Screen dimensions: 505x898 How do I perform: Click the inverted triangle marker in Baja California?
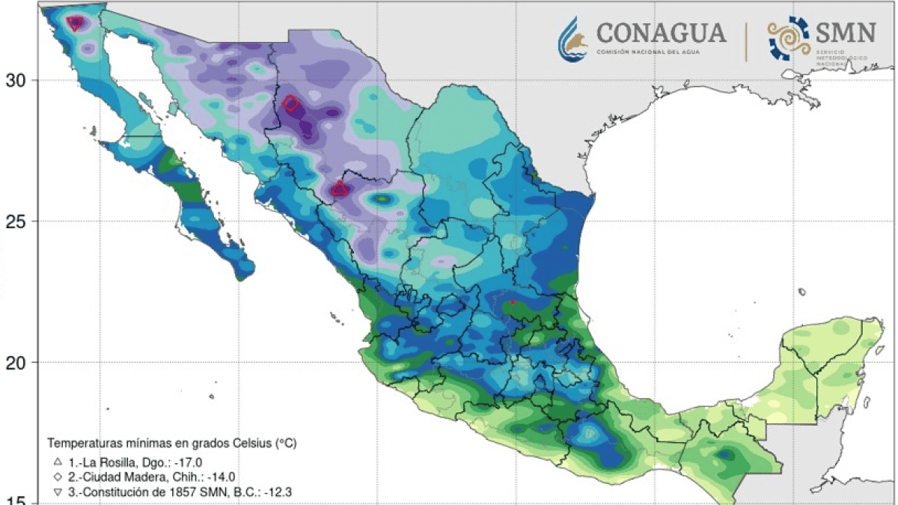pos(75,23)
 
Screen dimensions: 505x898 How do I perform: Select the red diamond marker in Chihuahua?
pos(291,105)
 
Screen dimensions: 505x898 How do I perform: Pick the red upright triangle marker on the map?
pos(339,189)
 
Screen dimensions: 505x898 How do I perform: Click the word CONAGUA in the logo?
pos(661,33)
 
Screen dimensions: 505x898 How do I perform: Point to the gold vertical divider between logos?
pos(746,40)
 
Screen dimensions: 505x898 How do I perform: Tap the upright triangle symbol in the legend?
pos(58,461)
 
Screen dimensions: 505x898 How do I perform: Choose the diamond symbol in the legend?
pos(58,476)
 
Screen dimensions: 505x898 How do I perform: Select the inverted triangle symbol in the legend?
pos(58,492)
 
